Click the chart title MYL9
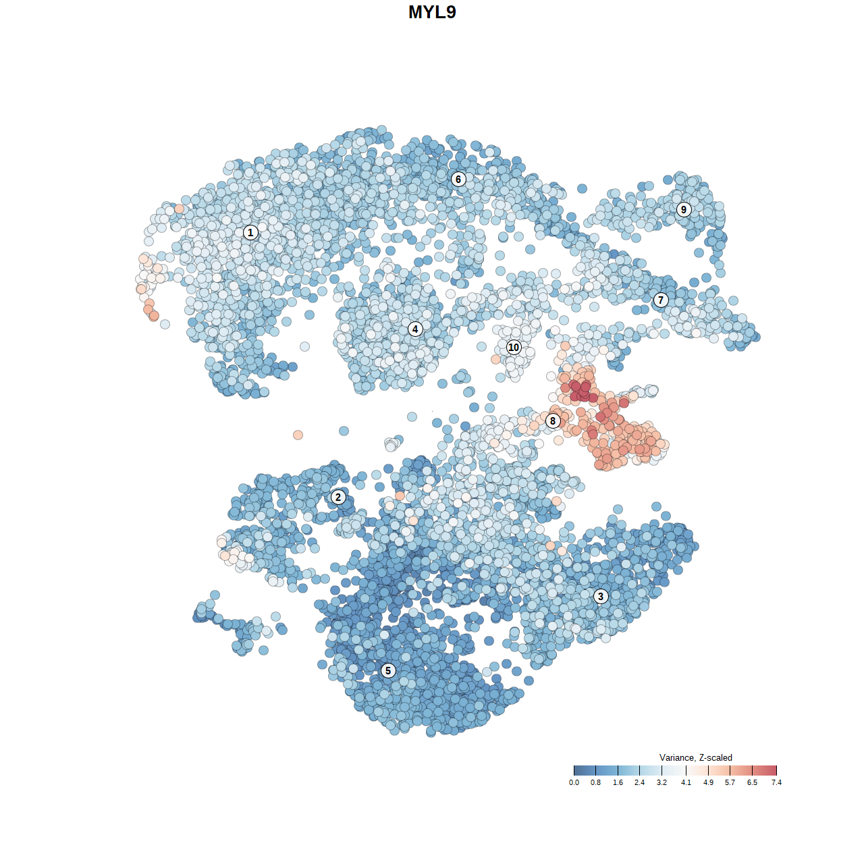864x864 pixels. (432, 12)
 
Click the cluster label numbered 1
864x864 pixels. (250, 232)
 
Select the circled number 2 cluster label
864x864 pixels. (338, 497)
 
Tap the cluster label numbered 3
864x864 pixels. (601, 596)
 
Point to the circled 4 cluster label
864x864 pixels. (415, 329)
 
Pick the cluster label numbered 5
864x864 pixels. (388, 670)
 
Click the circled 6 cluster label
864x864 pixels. (458, 179)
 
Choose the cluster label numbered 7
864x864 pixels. (661, 300)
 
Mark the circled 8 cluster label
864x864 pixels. (553, 421)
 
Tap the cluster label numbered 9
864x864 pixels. (684, 209)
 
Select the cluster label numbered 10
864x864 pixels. (514, 347)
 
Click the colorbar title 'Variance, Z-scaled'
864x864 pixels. (695, 757)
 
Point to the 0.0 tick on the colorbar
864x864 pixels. (574, 782)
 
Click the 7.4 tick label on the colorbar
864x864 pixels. (776, 782)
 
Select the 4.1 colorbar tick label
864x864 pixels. (686, 782)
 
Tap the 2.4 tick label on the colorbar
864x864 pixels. (639, 782)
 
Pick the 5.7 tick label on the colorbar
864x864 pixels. (730, 782)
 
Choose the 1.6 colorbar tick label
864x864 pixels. (618, 782)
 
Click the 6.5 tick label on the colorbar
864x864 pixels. (752, 782)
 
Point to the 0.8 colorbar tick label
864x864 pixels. (595, 782)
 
